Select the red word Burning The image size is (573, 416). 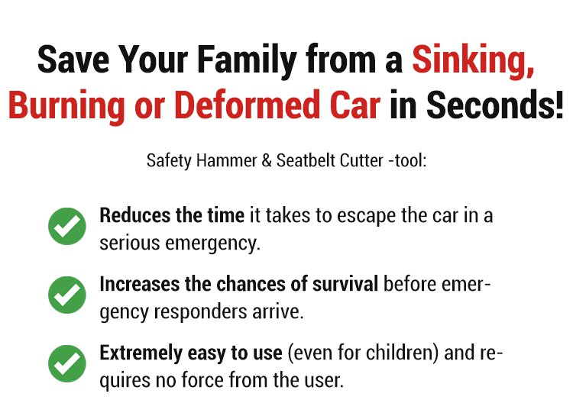pyautogui.click(x=66, y=105)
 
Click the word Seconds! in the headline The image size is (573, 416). pyautogui.click(x=494, y=105)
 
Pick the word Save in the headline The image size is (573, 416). pyautogui.click(x=73, y=60)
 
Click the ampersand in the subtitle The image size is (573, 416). pyautogui.click(x=267, y=161)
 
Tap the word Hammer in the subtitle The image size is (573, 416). pyautogui.click(x=227, y=161)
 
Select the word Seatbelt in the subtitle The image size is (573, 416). pyautogui.click(x=306, y=160)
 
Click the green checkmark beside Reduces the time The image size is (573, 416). pyautogui.click(x=67, y=226)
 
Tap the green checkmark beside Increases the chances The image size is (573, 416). pyautogui.click(x=67, y=295)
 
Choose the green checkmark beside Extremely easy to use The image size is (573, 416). pyautogui.click(x=67, y=363)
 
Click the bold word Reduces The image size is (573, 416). pyautogui.click(x=134, y=215)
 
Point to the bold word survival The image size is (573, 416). pyautogui.click(x=345, y=284)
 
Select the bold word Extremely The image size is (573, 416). pyautogui.click(x=141, y=353)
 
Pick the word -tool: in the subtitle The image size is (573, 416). pyautogui.click(x=407, y=161)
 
